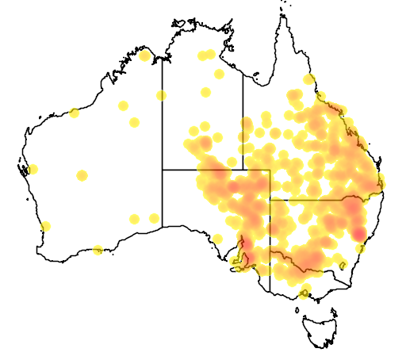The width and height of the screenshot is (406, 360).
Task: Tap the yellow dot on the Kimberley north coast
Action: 144,56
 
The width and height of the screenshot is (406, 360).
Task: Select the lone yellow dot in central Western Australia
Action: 82,175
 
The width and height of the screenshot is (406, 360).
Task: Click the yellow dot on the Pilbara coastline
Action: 74,113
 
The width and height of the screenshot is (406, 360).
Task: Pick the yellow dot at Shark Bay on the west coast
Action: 33,169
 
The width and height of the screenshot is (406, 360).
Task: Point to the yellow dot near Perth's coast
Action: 45,226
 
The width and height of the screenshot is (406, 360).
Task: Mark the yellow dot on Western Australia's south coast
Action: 98,251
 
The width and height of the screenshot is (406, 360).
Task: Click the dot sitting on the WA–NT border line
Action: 162,96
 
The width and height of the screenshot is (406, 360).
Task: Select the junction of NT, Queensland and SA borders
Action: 243,170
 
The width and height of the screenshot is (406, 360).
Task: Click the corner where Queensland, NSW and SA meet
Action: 270,200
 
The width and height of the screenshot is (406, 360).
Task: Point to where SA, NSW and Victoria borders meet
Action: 270,250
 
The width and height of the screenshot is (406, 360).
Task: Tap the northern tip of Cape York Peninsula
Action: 282,14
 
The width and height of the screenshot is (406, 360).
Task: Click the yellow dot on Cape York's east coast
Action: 308,79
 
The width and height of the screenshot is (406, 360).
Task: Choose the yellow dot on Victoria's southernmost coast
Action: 303,295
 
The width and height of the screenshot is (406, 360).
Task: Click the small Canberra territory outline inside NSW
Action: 343,264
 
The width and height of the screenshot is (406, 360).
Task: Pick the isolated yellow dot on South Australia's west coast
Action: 216,239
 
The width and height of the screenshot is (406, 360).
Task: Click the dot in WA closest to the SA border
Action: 153,216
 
